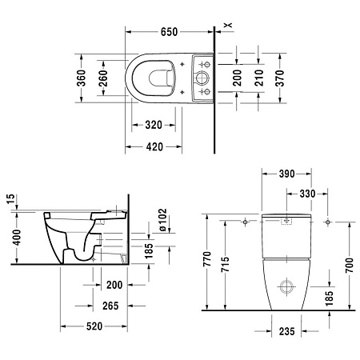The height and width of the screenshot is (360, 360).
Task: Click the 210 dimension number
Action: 258,78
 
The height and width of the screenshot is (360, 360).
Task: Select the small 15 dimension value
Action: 10,198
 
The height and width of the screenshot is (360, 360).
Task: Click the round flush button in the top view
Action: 201,78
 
